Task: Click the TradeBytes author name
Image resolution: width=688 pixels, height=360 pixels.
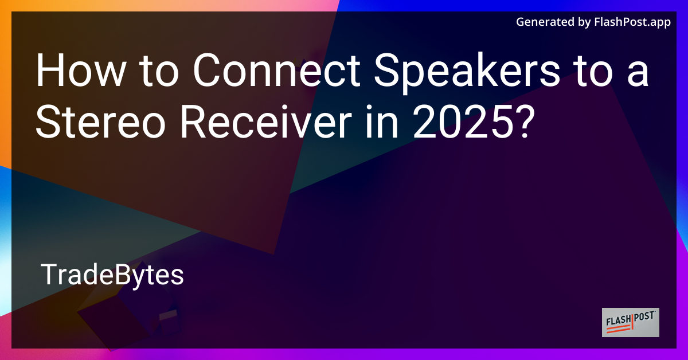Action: pyautogui.click(x=112, y=276)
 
